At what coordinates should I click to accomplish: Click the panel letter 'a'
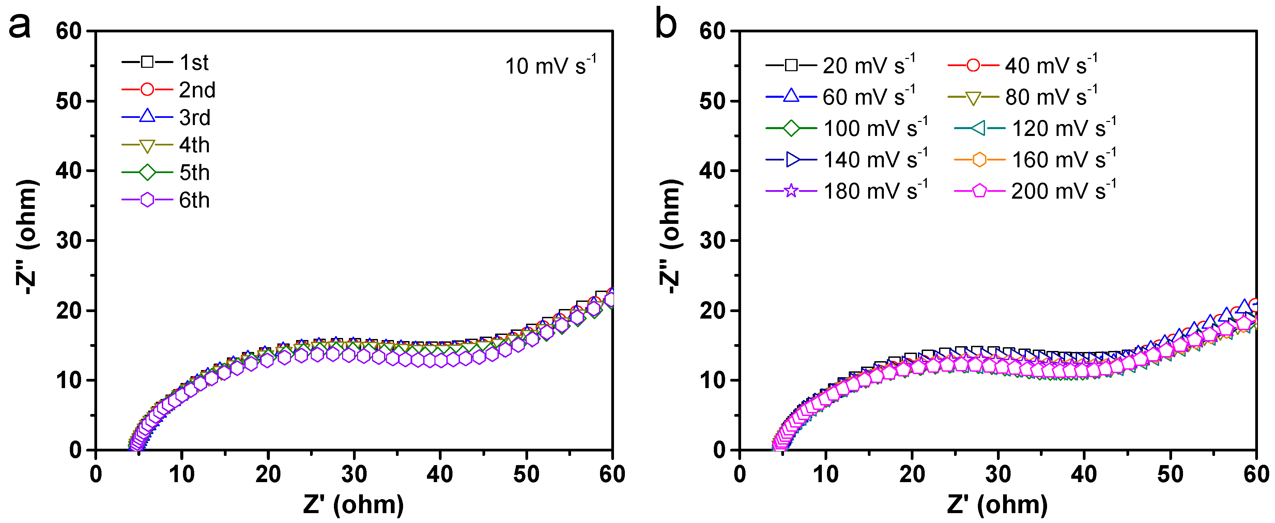point(20,26)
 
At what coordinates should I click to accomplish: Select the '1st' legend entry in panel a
point(194,62)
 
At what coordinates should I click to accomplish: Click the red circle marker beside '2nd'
point(147,90)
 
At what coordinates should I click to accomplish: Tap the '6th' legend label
point(194,200)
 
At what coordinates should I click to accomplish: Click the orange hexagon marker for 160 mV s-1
point(979,159)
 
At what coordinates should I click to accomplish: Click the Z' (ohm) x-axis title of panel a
point(353,505)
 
